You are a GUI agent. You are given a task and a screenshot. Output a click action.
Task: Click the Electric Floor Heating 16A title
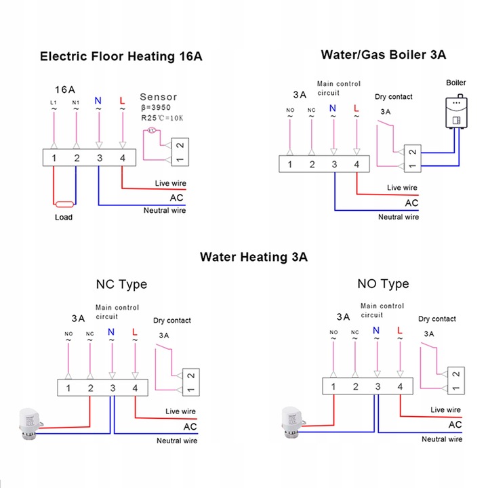(121, 56)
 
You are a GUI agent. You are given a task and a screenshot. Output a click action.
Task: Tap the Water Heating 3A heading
(253, 257)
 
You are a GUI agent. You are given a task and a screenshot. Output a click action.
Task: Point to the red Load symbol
(65, 203)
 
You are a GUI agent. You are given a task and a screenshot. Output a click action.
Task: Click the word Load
(64, 218)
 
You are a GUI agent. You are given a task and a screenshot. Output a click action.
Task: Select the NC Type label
(123, 284)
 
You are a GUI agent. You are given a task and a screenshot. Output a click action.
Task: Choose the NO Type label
(383, 283)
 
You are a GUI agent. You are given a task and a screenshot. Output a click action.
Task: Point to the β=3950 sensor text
(157, 107)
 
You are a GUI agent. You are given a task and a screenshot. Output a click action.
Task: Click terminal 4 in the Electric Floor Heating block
(122, 158)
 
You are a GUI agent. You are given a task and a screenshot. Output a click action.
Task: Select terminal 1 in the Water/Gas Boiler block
(289, 165)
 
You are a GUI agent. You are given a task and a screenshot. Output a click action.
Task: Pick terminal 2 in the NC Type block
(90, 388)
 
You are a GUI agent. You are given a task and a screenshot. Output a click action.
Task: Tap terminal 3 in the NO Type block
(378, 387)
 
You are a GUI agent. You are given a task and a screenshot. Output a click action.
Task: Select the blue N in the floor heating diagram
(98, 100)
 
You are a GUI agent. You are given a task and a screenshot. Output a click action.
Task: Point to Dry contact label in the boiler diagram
(393, 97)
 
